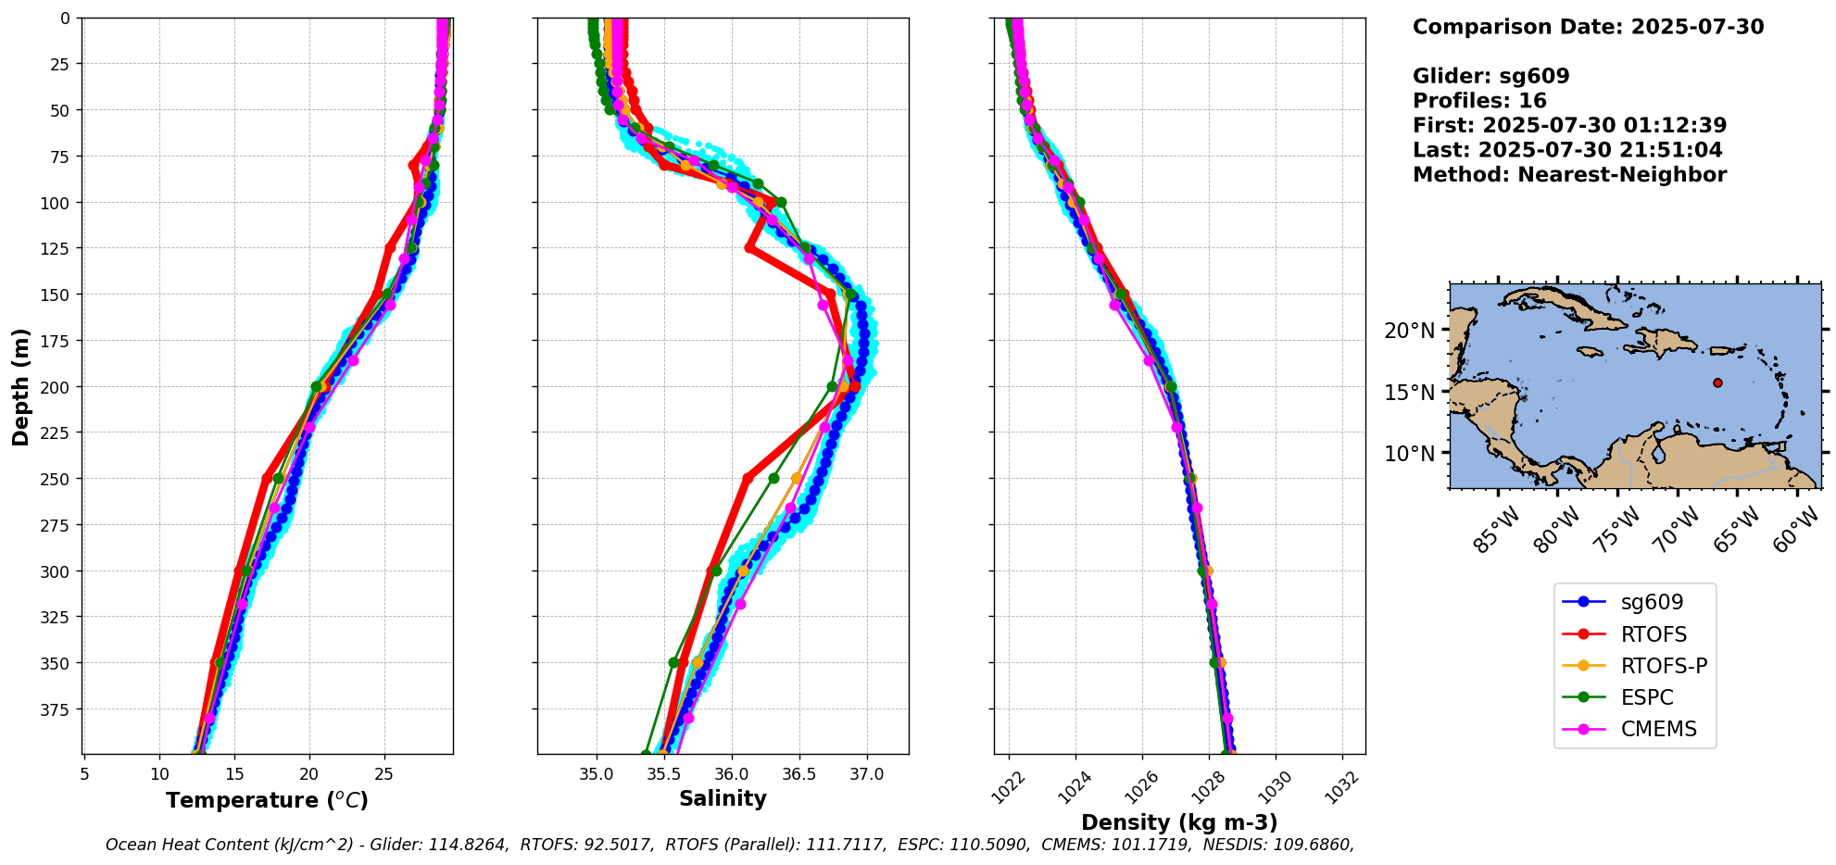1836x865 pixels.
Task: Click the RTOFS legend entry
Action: click(x=1654, y=634)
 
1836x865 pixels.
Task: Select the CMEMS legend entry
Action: click(x=1658, y=729)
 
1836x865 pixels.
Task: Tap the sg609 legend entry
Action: click(x=1652, y=602)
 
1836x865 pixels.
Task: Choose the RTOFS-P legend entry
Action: click(x=1664, y=666)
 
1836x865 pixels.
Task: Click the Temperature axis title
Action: click(x=267, y=800)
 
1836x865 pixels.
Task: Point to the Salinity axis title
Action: click(x=723, y=798)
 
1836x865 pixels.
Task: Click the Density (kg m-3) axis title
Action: click(x=1179, y=822)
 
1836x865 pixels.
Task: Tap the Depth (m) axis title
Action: click(x=21, y=386)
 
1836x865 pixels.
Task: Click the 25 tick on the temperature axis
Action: click(x=384, y=773)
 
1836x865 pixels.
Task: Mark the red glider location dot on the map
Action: click(x=1717, y=382)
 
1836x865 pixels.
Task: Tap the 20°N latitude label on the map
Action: click(x=1409, y=331)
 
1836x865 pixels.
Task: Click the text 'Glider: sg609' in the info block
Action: click(x=1490, y=76)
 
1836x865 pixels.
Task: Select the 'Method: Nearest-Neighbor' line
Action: click(x=1569, y=175)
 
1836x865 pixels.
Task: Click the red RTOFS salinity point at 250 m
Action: click(x=748, y=478)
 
